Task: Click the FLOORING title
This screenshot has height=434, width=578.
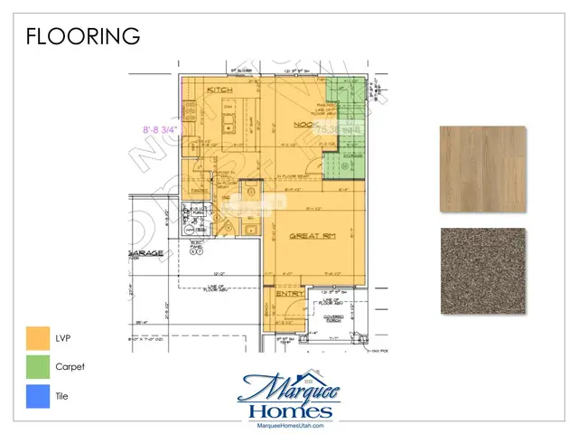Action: click(x=83, y=36)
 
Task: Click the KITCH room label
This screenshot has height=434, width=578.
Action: click(x=220, y=91)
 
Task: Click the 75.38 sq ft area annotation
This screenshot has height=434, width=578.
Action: click(x=338, y=130)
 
